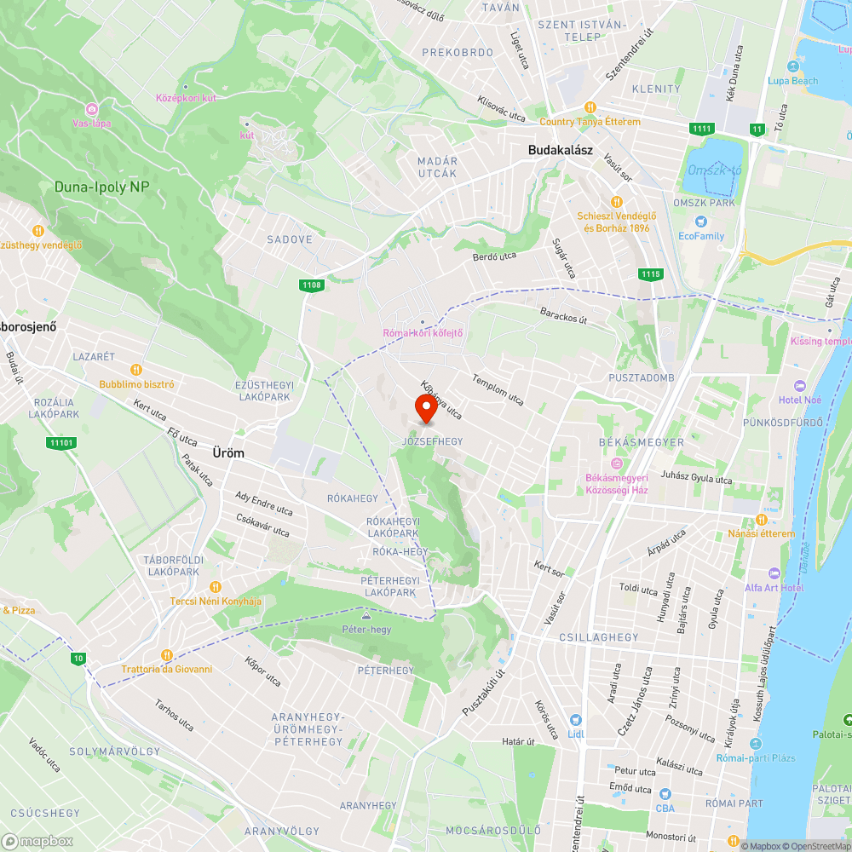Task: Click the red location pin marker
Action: point(425,410)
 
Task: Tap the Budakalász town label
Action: point(560,150)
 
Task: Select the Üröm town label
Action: point(228,453)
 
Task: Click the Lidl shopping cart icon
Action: point(575,721)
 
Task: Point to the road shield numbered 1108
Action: point(311,285)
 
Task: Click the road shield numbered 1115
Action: point(650,273)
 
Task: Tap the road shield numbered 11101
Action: point(62,443)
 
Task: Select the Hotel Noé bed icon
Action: point(798,386)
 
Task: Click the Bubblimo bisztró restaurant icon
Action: point(135,369)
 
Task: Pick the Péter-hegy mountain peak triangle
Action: point(366,614)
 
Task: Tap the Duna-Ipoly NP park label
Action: point(101,187)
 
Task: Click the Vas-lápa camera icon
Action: point(91,108)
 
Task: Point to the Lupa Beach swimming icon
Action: point(794,66)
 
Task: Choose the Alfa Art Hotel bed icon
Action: point(774,573)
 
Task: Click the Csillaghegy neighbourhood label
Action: point(599,637)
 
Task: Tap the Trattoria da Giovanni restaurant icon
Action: point(167,654)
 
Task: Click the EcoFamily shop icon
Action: point(701,222)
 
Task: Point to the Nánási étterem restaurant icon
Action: point(762,520)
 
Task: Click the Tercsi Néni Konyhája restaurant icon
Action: point(216,586)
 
